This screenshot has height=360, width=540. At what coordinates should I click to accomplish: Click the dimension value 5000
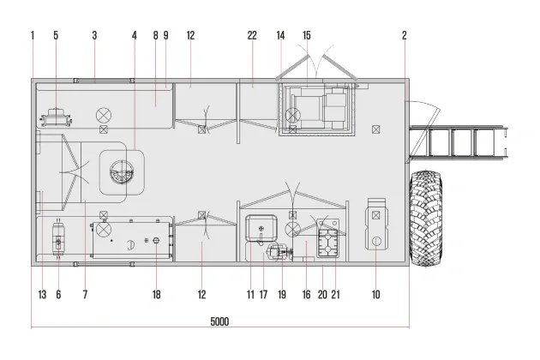pos(219,321)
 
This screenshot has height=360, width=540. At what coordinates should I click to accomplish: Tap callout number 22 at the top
pos(252,35)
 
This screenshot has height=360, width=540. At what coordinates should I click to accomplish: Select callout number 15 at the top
pos(307,35)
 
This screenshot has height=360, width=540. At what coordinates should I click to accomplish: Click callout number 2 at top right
pos(405,35)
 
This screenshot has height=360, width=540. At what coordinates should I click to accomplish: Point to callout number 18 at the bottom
pos(156,295)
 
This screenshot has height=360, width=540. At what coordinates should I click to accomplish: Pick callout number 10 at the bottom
pos(375,295)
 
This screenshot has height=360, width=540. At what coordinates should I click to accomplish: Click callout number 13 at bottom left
pos(42,295)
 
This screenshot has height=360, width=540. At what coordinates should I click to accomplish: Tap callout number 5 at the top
pos(56,35)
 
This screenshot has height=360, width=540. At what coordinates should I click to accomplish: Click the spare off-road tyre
pos(426,219)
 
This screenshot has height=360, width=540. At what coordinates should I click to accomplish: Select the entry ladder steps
pos(458,142)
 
